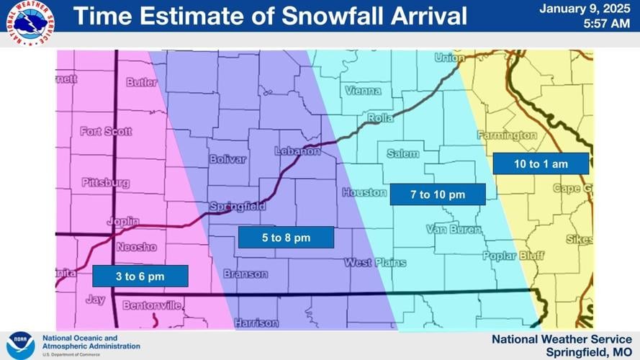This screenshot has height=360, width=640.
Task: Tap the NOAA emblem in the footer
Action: click(20, 345)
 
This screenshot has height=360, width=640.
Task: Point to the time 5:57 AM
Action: click(609, 23)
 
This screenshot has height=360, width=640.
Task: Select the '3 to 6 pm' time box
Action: click(140, 276)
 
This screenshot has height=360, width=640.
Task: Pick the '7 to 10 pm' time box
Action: click(438, 194)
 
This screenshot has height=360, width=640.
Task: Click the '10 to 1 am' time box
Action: click(541, 164)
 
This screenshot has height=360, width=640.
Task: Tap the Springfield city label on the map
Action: click(238, 207)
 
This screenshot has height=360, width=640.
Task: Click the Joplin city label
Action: click(123, 222)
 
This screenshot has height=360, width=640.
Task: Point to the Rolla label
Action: click(380, 118)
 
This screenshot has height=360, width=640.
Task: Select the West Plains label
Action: click(374, 263)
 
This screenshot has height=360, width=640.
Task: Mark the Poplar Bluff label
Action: click(513, 256)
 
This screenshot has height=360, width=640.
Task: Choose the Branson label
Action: click(245, 274)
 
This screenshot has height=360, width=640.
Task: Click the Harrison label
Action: click(257, 322)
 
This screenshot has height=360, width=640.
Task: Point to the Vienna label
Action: click(363, 91)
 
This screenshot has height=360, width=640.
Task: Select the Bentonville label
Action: click(152, 306)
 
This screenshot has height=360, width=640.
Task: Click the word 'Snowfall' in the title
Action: click(318, 15)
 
